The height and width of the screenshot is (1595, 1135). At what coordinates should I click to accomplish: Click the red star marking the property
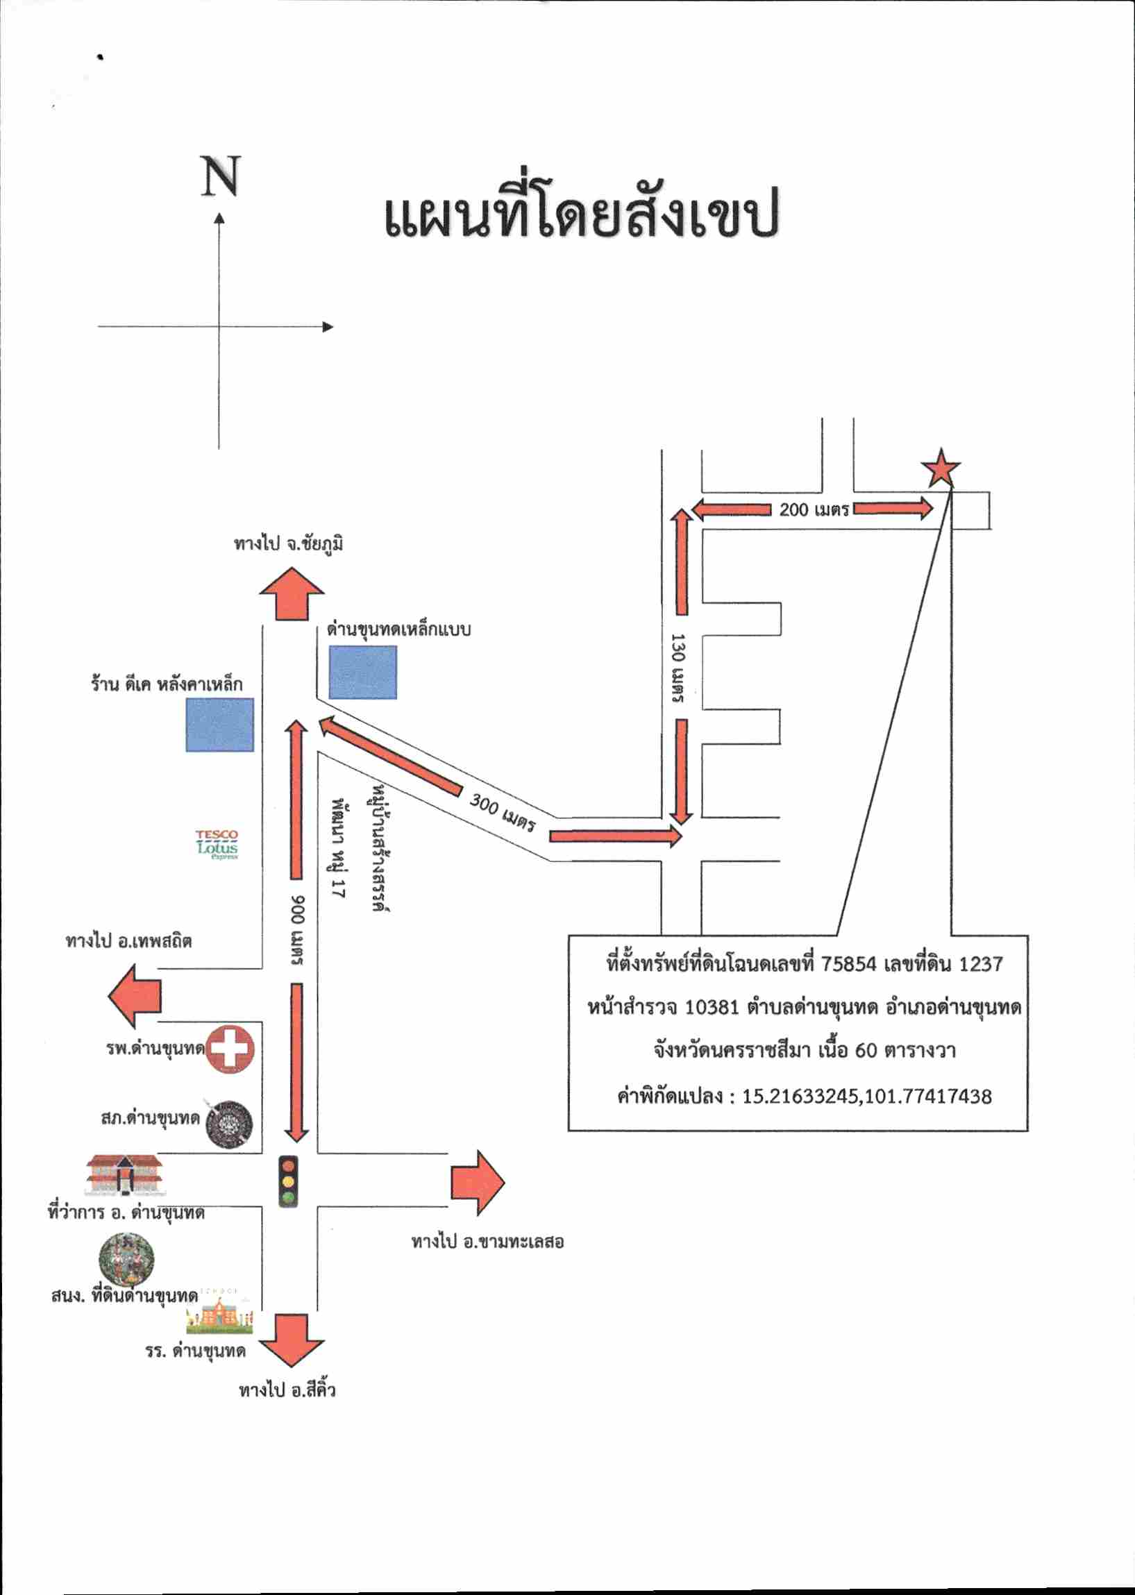[941, 469]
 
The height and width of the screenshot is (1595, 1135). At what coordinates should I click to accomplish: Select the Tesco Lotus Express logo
[217, 845]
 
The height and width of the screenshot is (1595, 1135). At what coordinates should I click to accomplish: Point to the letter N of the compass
[221, 176]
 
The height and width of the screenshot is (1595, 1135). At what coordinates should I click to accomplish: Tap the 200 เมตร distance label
[814, 509]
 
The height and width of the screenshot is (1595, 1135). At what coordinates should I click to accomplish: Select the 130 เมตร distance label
[678, 668]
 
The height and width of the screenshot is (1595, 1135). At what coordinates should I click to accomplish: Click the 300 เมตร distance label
[503, 813]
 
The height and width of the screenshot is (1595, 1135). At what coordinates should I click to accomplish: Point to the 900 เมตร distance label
[298, 930]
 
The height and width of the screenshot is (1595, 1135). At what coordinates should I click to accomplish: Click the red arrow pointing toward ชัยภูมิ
[292, 594]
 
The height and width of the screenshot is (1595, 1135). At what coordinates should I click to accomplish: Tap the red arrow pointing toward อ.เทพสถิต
[135, 995]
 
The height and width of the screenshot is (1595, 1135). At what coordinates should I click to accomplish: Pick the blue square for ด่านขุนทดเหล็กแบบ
[363, 672]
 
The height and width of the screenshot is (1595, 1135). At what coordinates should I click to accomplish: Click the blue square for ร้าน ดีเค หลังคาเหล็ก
[219, 725]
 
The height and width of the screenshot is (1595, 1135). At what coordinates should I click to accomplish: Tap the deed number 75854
[848, 963]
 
